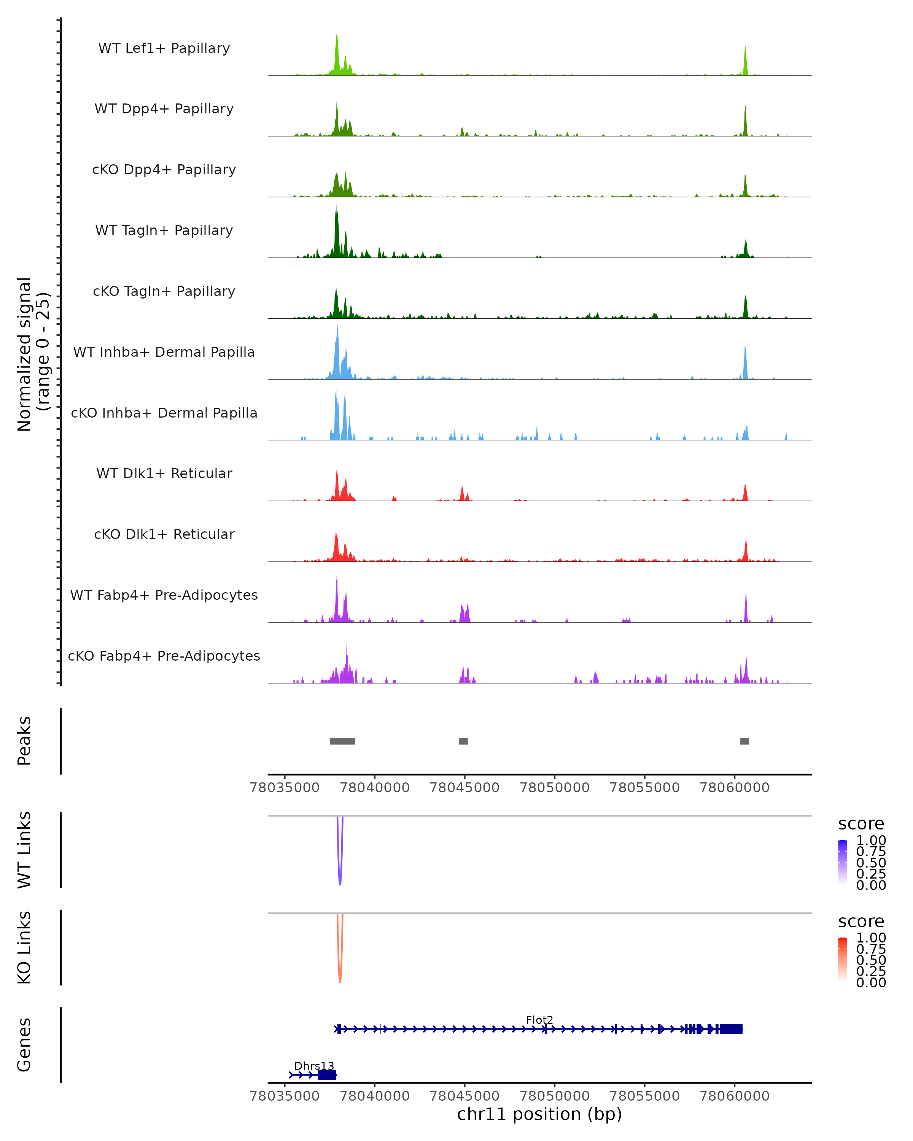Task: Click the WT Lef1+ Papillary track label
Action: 164,48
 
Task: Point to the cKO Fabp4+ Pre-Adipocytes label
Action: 164,656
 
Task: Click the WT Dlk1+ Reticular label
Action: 164,473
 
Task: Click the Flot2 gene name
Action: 539,1020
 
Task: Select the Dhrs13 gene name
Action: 314,1066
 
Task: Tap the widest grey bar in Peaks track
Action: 342,741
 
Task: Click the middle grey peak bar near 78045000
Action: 463,741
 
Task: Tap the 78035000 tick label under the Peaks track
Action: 285,788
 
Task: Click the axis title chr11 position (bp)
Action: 539,1114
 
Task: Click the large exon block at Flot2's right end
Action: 731,1029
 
